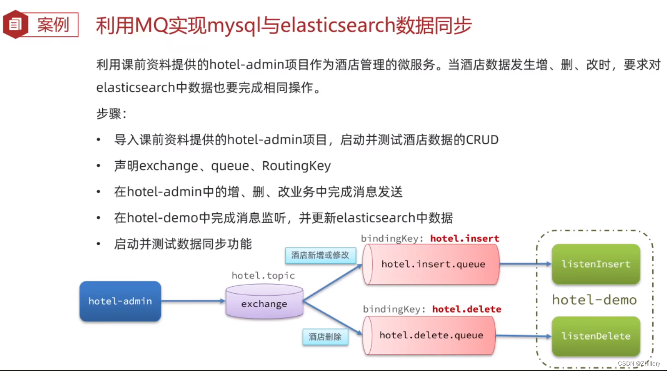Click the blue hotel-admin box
click(x=120, y=301)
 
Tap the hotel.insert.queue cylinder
click(x=432, y=264)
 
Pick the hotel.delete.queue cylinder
click(x=430, y=335)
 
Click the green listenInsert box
click(x=595, y=264)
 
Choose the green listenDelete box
click(x=595, y=336)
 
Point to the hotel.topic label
click(x=263, y=275)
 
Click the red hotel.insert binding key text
click(x=465, y=238)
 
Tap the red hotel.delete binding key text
click(x=466, y=309)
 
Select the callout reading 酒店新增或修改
click(x=320, y=255)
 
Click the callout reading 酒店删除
click(x=325, y=337)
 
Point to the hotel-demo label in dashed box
click(x=594, y=300)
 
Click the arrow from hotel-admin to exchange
click(x=193, y=301)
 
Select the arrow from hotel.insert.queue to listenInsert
click(x=525, y=264)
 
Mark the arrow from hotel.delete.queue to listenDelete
click(x=523, y=336)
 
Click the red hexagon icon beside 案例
click(x=15, y=24)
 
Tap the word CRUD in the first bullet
click(x=482, y=140)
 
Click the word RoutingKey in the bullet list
click(x=296, y=166)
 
